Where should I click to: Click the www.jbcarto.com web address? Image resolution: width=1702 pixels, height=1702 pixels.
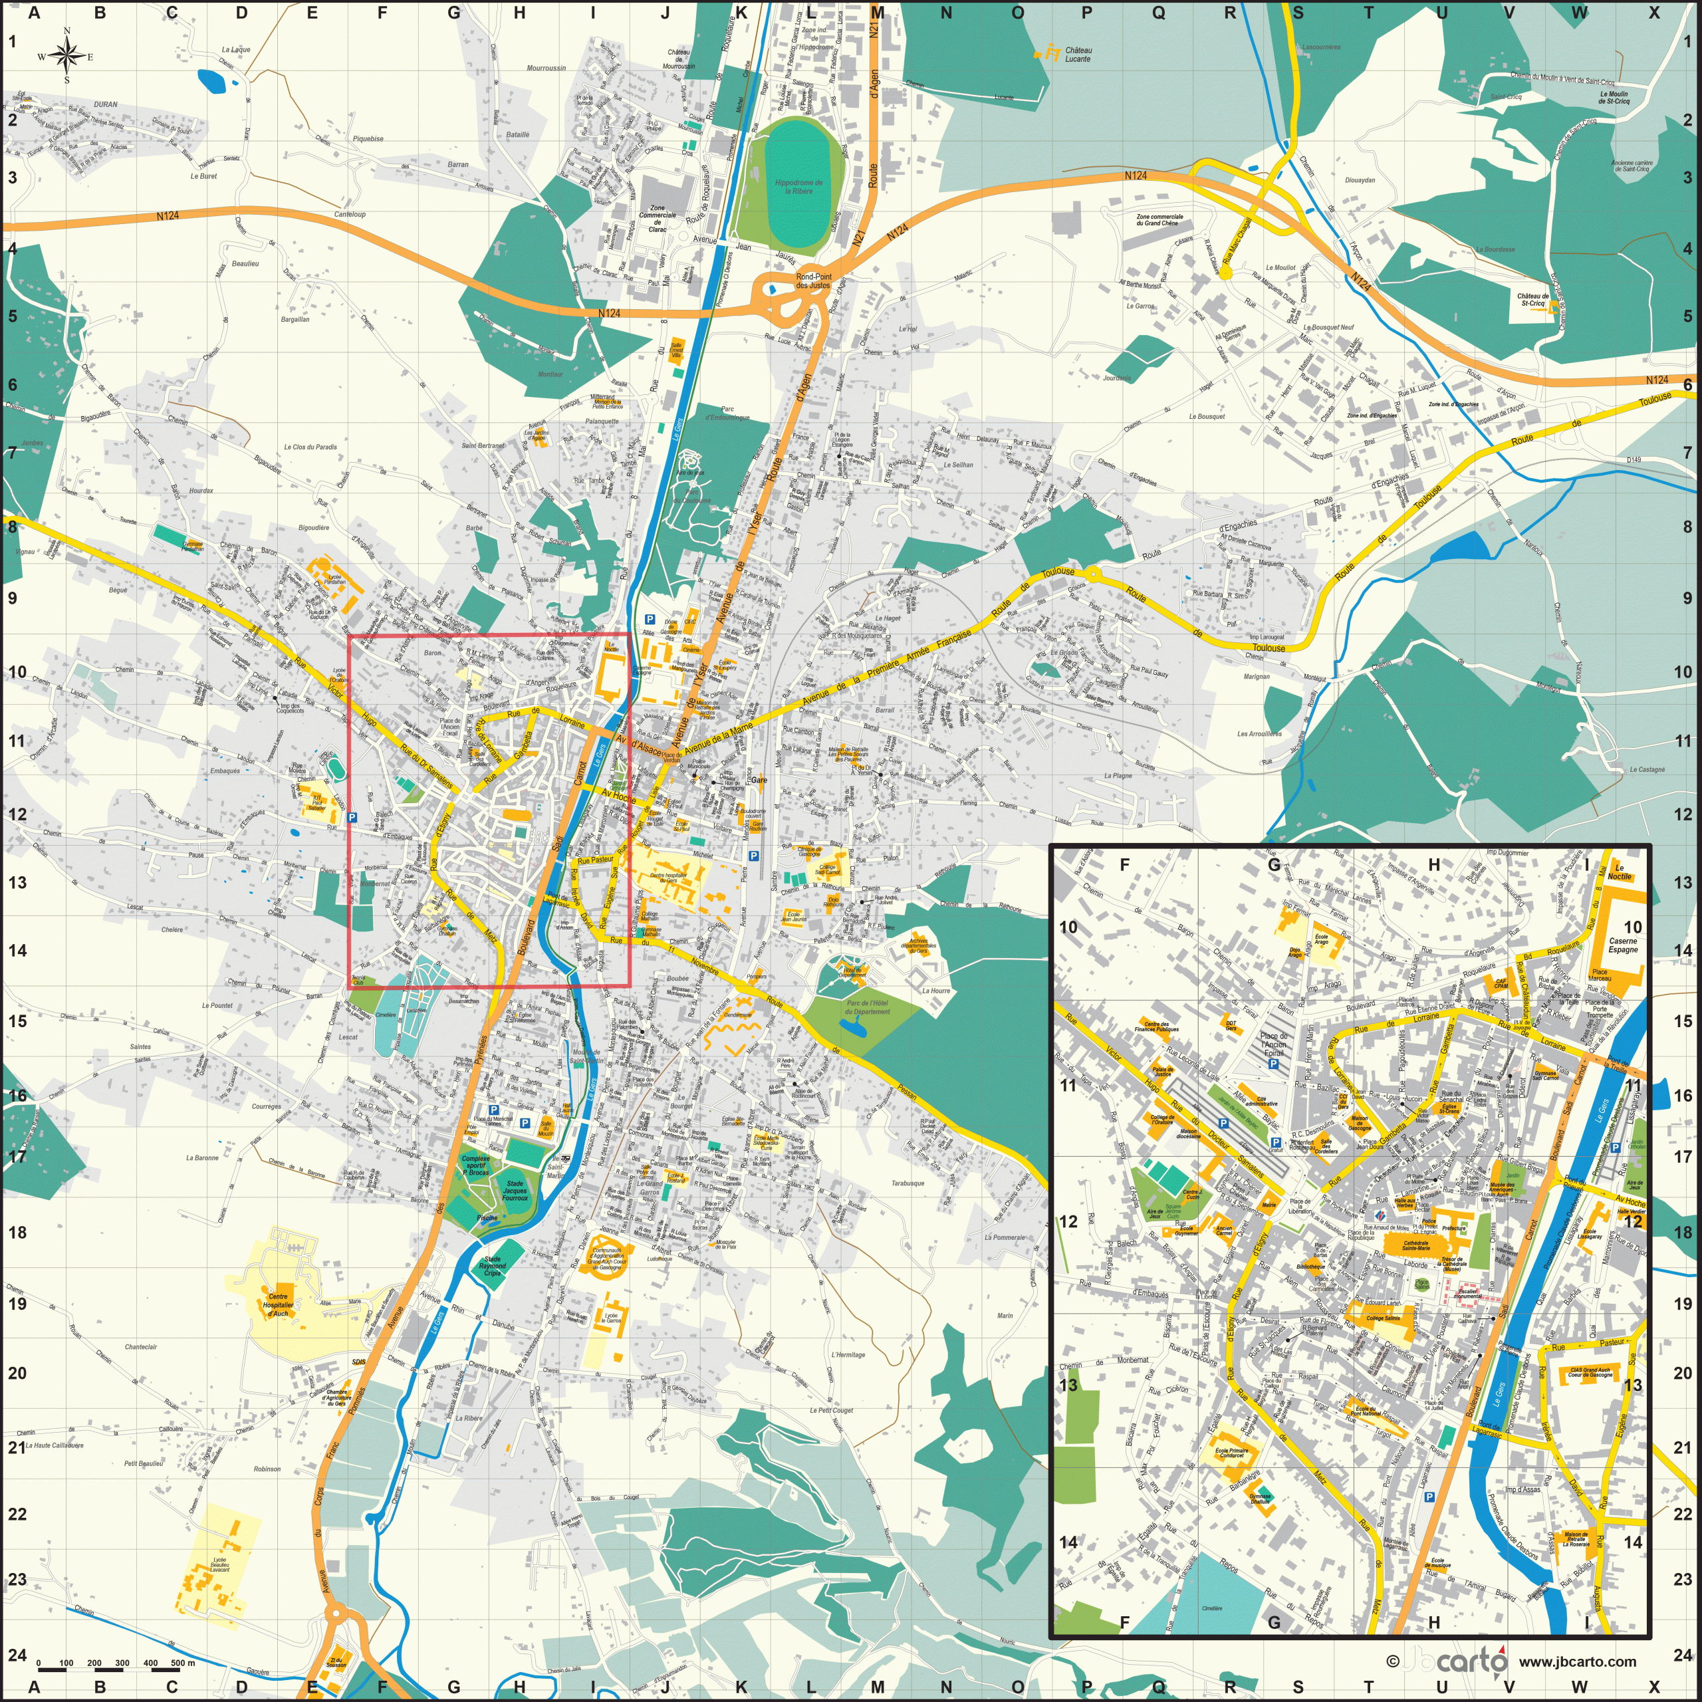[x=1577, y=1661]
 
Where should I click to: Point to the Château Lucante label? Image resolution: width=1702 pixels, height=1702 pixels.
[x=1078, y=55]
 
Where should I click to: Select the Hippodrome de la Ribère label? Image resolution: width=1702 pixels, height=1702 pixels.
[x=798, y=187]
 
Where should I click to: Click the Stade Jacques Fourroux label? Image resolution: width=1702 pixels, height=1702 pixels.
[x=515, y=1191]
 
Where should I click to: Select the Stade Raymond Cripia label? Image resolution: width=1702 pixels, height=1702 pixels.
[x=493, y=1267]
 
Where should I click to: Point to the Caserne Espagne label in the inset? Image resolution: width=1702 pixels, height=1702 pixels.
[x=1623, y=945]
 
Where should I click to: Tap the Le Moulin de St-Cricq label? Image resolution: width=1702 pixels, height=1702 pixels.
[x=1614, y=97]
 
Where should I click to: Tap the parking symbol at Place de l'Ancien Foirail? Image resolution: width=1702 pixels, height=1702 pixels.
[x=1273, y=1063]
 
